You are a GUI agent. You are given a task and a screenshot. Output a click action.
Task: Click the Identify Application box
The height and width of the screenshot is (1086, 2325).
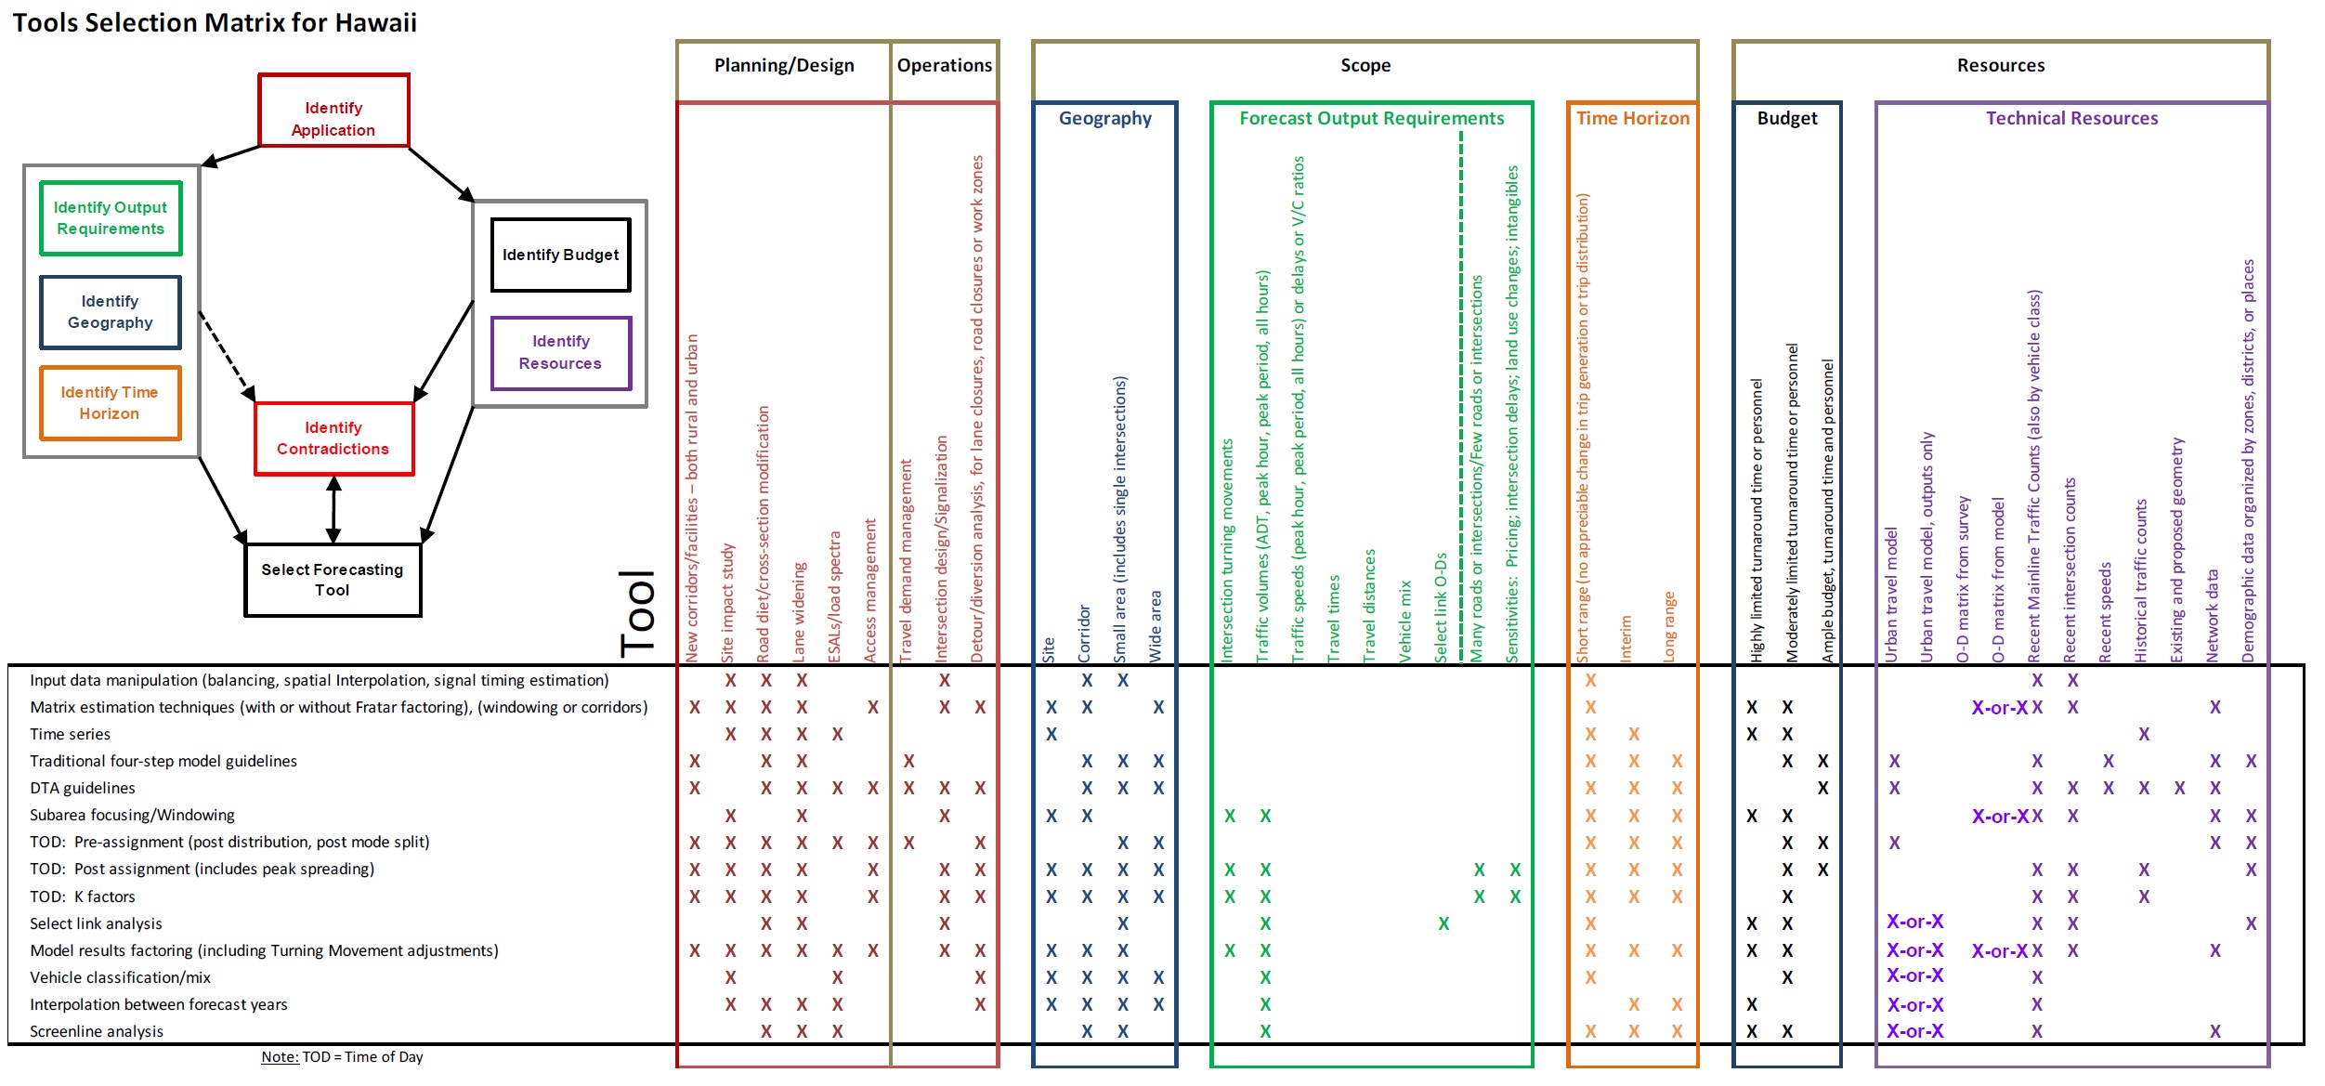333,111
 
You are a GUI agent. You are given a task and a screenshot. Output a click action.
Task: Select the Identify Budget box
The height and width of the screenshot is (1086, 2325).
560,255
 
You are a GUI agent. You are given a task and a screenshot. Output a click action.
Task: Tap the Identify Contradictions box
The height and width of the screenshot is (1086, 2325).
333,438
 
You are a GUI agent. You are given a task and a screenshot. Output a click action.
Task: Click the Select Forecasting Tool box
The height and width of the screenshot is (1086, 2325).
333,580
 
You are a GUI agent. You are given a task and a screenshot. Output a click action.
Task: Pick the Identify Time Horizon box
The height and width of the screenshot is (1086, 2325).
110,403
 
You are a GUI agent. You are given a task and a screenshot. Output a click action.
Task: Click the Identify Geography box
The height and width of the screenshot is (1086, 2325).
110,312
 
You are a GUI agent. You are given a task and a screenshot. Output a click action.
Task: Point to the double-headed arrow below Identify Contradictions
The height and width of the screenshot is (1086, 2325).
333,509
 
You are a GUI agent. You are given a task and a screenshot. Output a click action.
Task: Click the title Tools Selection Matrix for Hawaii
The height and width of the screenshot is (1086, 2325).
215,22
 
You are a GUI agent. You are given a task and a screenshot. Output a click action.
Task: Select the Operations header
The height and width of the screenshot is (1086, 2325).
944,65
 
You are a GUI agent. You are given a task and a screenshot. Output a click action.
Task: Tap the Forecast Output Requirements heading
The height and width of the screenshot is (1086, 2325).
1371,118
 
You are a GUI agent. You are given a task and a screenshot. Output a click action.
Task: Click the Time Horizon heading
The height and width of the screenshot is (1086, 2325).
1632,118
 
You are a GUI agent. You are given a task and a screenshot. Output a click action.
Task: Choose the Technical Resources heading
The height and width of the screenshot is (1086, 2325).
2071,118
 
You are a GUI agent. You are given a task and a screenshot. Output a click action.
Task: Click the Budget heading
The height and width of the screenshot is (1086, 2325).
1786,118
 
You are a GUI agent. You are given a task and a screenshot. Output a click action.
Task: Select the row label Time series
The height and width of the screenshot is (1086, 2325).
70,734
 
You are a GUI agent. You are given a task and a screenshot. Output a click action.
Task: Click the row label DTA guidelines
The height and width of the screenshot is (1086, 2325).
82,788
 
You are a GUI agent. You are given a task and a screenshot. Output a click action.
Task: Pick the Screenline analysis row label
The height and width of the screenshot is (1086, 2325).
97,1031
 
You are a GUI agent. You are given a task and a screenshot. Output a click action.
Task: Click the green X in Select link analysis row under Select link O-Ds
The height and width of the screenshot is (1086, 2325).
1443,923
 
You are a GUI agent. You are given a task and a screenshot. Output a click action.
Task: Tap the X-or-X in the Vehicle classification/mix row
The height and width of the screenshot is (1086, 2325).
1914,975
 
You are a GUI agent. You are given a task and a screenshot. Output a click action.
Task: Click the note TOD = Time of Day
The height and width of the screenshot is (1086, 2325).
342,1056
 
